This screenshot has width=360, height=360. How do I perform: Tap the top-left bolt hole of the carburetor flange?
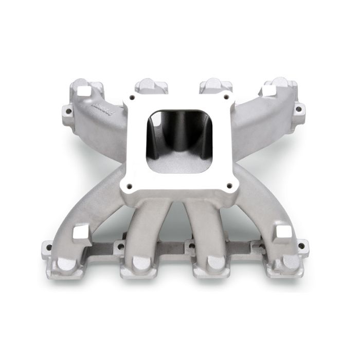click(133, 96)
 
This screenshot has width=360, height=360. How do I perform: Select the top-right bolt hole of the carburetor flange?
click(225, 96)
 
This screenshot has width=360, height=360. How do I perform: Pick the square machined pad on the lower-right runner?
click(283, 232)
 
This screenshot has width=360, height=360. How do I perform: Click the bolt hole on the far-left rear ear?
click(68, 110)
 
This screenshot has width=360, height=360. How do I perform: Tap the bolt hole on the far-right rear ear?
click(297, 109)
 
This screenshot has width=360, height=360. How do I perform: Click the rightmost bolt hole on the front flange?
click(302, 246)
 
